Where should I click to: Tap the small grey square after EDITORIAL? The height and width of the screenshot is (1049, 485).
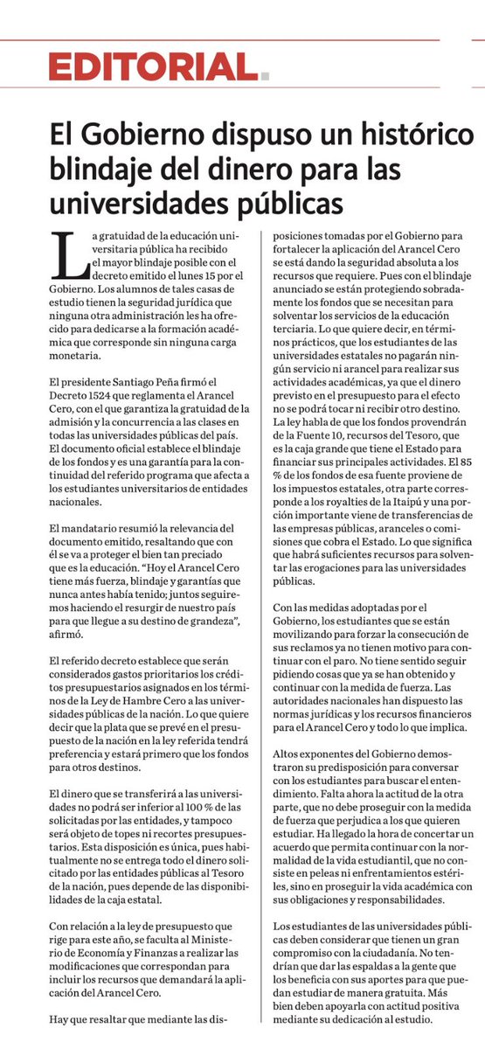pyautogui.click(x=265, y=77)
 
